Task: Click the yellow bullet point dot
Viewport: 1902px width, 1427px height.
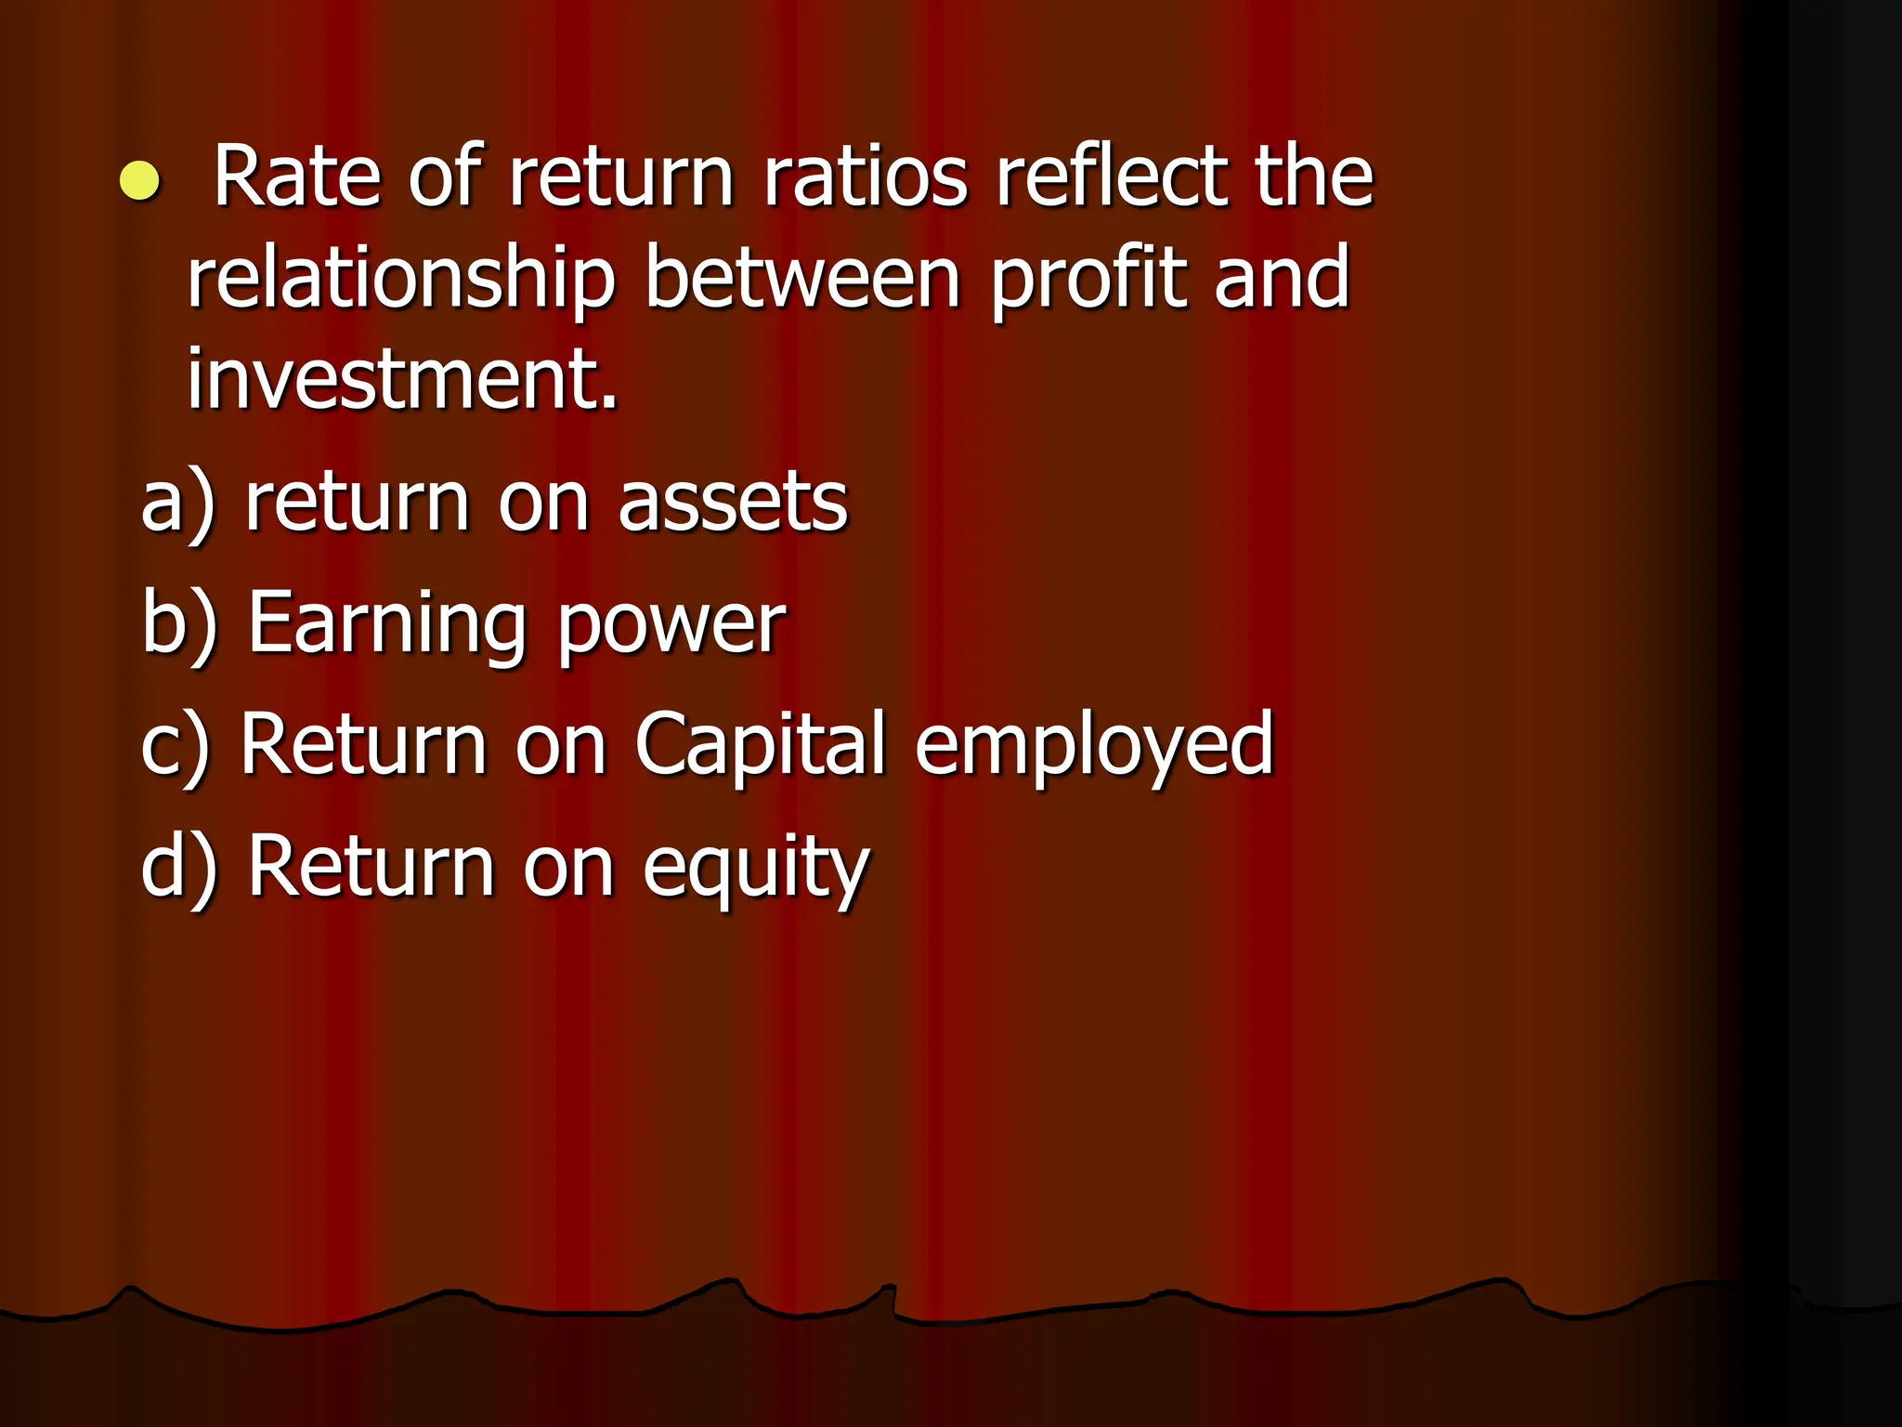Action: pos(140,180)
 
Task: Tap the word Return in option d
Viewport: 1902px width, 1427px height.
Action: pos(371,866)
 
